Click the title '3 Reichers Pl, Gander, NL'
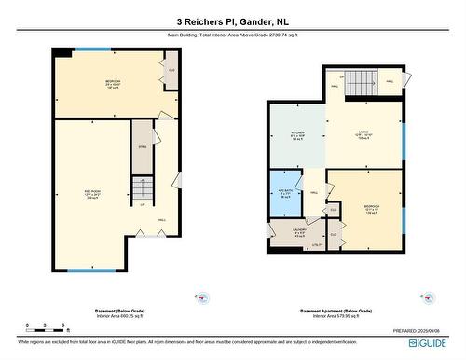232,20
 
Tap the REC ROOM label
92,193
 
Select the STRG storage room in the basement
142,146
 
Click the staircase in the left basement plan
140,191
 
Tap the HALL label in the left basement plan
161,220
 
